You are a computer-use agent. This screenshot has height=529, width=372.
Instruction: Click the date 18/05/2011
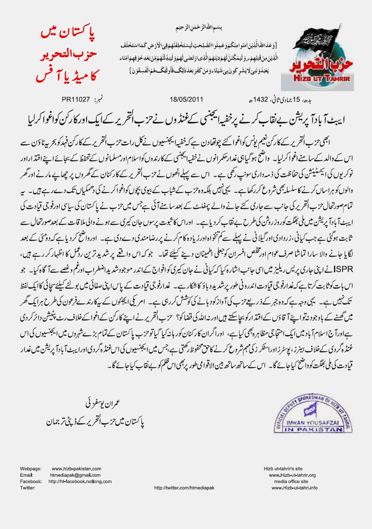coord(186,99)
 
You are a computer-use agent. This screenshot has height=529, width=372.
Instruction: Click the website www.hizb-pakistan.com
coord(77,469)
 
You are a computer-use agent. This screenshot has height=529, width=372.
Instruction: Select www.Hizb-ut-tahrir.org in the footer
coord(292,475)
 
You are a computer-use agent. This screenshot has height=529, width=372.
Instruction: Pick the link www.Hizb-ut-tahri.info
coord(294,488)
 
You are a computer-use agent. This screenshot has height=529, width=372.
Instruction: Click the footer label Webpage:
coord(30,469)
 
